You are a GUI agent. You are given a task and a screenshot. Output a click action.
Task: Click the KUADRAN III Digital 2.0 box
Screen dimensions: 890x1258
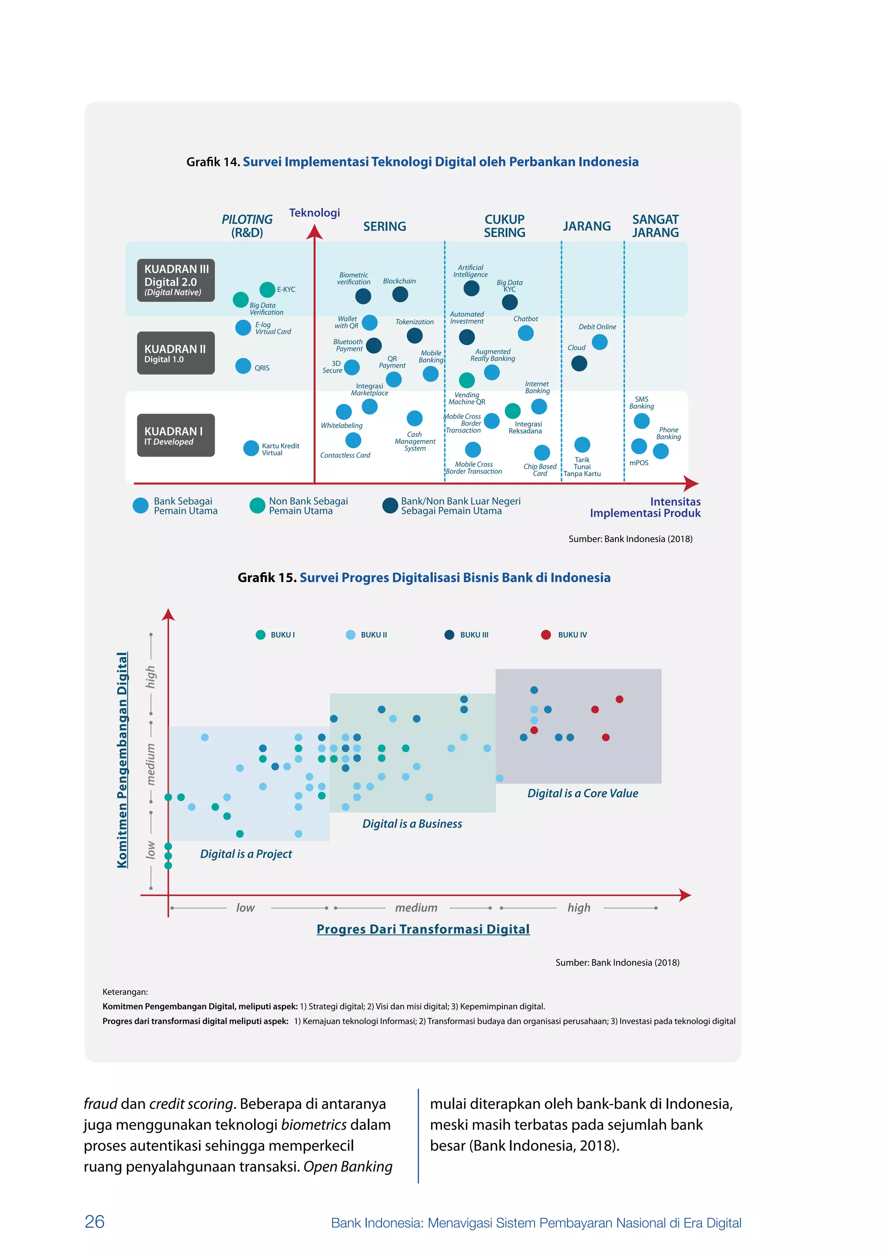click(x=176, y=280)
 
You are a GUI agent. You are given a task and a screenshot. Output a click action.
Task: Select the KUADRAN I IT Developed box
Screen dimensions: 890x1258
click(x=176, y=435)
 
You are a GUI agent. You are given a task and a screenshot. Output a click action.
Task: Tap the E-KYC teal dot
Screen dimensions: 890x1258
click(x=267, y=289)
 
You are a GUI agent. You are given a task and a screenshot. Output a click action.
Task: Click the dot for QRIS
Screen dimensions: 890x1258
click(x=243, y=366)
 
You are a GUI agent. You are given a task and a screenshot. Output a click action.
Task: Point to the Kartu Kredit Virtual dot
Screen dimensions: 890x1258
click(x=251, y=448)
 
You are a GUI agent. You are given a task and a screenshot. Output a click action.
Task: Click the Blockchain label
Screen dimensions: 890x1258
click(x=399, y=281)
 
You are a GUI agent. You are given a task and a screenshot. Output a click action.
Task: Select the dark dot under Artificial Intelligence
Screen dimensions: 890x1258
click(x=472, y=288)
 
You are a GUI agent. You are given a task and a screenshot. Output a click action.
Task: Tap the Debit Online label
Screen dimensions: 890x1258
click(x=598, y=327)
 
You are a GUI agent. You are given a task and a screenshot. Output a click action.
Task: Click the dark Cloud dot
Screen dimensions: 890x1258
click(x=579, y=363)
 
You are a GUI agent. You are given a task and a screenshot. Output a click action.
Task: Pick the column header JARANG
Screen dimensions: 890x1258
click(x=586, y=226)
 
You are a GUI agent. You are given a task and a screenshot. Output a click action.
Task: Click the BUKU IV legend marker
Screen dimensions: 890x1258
click(x=546, y=635)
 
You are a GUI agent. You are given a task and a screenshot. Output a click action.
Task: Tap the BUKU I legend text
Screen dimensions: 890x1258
click(x=283, y=635)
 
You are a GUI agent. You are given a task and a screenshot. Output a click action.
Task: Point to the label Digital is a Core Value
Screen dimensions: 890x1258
click(x=583, y=793)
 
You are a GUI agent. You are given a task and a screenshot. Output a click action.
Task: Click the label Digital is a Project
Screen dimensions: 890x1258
click(x=246, y=854)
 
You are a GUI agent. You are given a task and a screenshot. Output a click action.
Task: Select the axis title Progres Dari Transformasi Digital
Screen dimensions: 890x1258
click(x=423, y=929)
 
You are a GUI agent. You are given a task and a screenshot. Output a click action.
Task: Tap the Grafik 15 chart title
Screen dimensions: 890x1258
click(x=424, y=577)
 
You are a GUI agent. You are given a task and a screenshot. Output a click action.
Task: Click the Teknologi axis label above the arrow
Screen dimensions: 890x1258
click(x=315, y=212)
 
